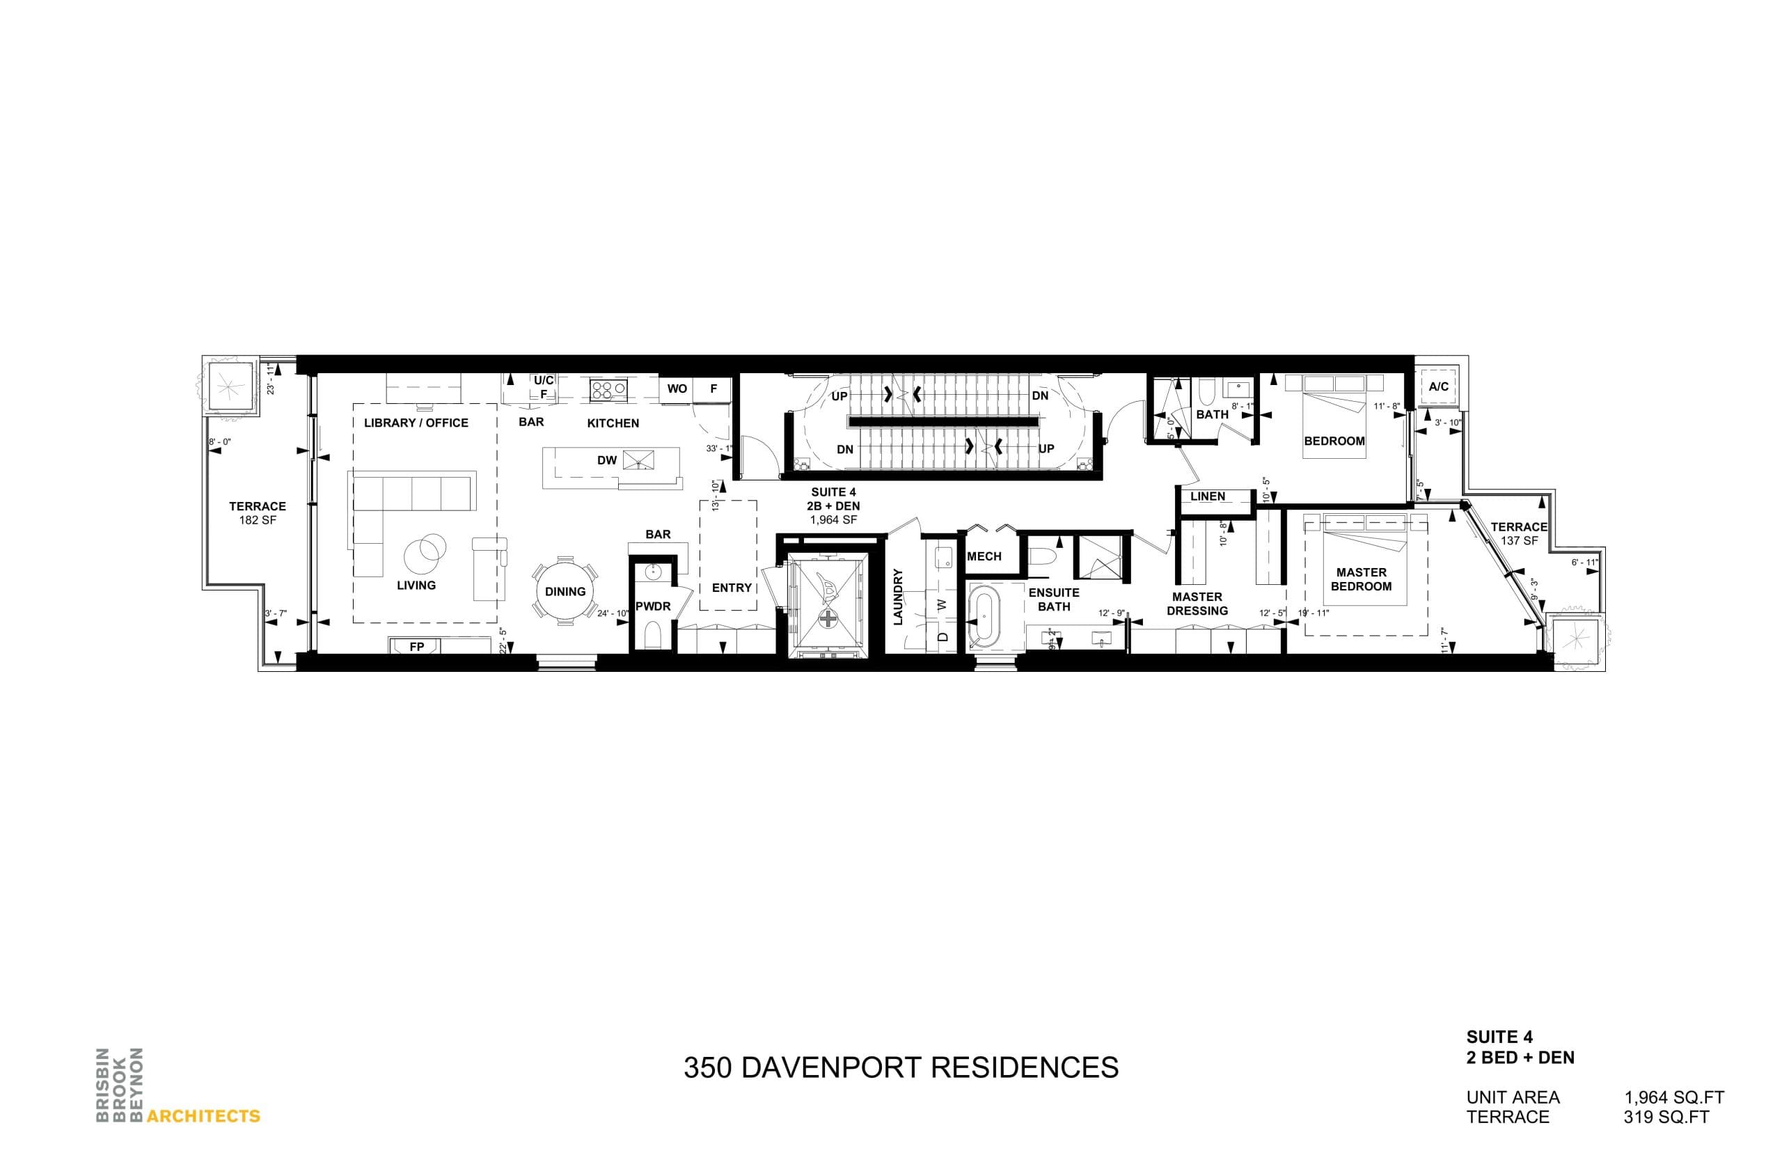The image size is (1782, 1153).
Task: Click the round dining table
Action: pyautogui.click(x=565, y=590)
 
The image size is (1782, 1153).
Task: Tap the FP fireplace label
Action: pyautogui.click(x=416, y=646)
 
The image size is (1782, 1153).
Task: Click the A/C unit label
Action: pyautogui.click(x=1437, y=386)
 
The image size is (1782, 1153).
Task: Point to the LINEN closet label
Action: pyautogui.click(x=1207, y=496)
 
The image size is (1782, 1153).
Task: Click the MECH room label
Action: pyautogui.click(x=984, y=556)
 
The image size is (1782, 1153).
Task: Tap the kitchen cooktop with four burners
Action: pyautogui.click(x=608, y=389)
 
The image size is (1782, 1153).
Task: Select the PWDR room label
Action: pyautogui.click(x=653, y=606)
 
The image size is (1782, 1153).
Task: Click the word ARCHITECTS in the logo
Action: pyautogui.click(x=203, y=1115)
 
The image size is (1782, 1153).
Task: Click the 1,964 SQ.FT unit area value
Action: pyautogui.click(x=1673, y=1097)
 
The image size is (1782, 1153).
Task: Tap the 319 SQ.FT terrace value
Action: pyautogui.click(x=1666, y=1116)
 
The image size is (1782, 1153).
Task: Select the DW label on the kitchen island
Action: pyautogui.click(x=606, y=460)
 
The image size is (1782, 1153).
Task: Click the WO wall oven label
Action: pyautogui.click(x=677, y=389)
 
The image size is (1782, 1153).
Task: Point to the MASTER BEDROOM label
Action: pyautogui.click(x=1361, y=579)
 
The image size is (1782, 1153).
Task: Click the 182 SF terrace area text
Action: pyautogui.click(x=258, y=519)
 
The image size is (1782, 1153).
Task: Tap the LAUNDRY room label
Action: pyautogui.click(x=898, y=596)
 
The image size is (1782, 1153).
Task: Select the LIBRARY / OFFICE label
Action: pyautogui.click(x=416, y=423)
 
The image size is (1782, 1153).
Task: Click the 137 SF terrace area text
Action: pyautogui.click(x=1519, y=540)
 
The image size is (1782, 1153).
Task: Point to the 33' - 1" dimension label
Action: pyautogui.click(x=718, y=448)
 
